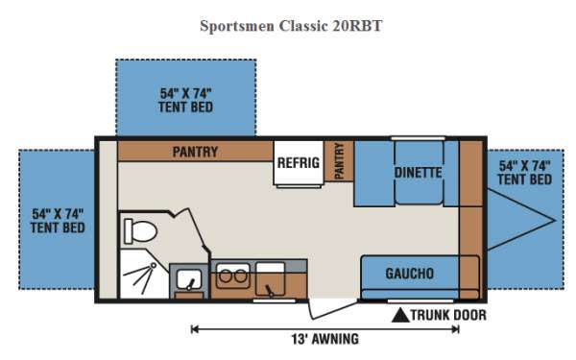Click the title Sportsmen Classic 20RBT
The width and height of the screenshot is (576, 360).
click(291, 26)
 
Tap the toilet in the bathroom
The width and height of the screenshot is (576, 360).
click(140, 231)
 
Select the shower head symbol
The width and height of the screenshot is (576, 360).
click(154, 265)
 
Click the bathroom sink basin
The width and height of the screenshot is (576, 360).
click(189, 279)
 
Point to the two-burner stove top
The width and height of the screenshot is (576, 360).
click(233, 276)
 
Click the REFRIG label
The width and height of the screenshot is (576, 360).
click(299, 163)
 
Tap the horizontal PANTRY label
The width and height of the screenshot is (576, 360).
click(195, 152)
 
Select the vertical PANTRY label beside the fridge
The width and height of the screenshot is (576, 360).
click(340, 161)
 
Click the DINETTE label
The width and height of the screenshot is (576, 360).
click(418, 173)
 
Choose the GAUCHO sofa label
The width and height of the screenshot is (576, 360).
click(410, 274)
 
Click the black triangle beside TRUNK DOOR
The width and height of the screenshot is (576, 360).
click(400, 316)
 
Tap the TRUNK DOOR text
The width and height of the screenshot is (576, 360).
click(448, 315)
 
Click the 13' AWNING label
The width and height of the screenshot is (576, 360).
click(325, 339)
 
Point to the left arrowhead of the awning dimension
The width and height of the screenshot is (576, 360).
click(194, 329)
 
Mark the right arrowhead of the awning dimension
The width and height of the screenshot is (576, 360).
click(455, 329)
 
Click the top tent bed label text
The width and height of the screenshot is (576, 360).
click(186, 100)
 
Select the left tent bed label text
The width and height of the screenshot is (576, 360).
click(58, 221)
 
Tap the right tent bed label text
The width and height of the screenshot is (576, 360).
click(524, 173)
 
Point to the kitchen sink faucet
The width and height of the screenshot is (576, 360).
click(269, 290)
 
